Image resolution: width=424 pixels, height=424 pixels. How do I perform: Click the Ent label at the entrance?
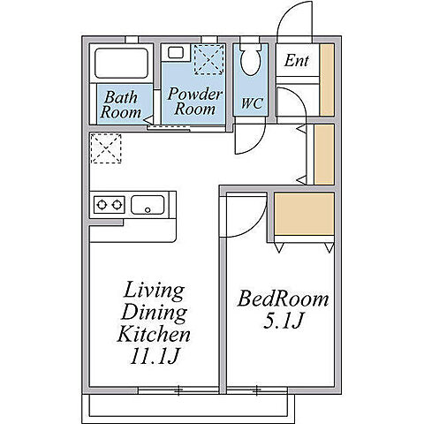pyautogui.click(x=296, y=61)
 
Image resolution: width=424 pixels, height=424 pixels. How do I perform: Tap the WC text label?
pyautogui.click(x=253, y=103)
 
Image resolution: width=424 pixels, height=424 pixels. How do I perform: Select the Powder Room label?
pyautogui.click(x=194, y=102)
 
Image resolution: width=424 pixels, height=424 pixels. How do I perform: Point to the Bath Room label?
pyautogui.click(x=121, y=105)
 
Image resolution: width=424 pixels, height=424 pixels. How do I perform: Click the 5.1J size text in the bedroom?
pyautogui.click(x=283, y=321)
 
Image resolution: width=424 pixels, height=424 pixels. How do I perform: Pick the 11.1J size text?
pyautogui.click(x=155, y=356)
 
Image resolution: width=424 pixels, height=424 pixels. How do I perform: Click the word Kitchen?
pyautogui.click(x=154, y=334)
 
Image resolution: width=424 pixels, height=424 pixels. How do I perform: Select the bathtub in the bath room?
pyautogui.click(x=121, y=64)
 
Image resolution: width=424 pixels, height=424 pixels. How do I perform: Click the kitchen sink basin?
pyautogui.click(x=148, y=205)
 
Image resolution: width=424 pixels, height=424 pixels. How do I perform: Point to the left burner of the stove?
pyautogui.click(x=102, y=204)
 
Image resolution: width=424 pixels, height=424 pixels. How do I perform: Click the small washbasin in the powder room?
pyautogui.click(x=176, y=53)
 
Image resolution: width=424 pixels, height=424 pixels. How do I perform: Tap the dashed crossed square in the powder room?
pyautogui.click(x=209, y=60)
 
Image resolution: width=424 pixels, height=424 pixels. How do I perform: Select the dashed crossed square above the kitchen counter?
pyautogui.click(x=106, y=148)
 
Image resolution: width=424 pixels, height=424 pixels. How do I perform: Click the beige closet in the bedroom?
pyautogui.click(x=304, y=214)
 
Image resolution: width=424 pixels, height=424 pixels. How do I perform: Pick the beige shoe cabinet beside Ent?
pyautogui.click(x=327, y=79)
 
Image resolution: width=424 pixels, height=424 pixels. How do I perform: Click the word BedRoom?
pyautogui.click(x=283, y=299)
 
